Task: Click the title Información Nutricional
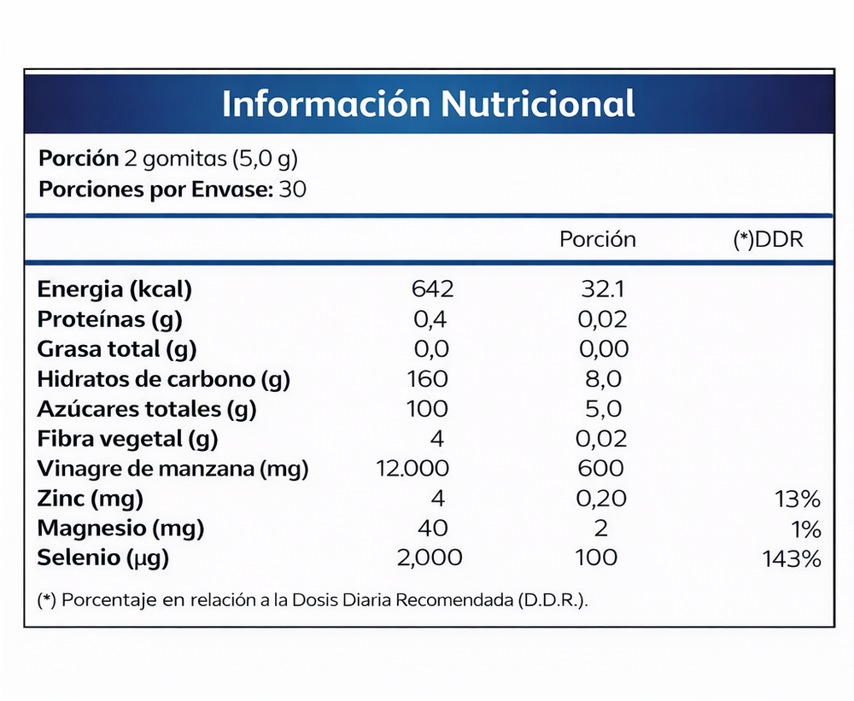point(428,103)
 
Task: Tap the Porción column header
point(597,240)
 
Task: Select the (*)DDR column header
point(768,240)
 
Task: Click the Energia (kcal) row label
point(114,289)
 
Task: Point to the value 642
point(432,289)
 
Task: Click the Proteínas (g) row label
point(110,319)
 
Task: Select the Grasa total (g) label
point(117,349)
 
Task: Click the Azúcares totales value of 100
point(427,409)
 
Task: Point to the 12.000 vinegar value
point(412,469)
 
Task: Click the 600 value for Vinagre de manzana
point(600,469)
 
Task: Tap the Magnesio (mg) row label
point(120,529)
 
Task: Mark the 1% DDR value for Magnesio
point(807,529)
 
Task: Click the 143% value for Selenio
point(792,559)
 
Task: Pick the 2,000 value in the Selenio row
point(430,558)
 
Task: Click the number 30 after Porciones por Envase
point(293,189)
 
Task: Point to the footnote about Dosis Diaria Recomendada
point(313,600)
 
